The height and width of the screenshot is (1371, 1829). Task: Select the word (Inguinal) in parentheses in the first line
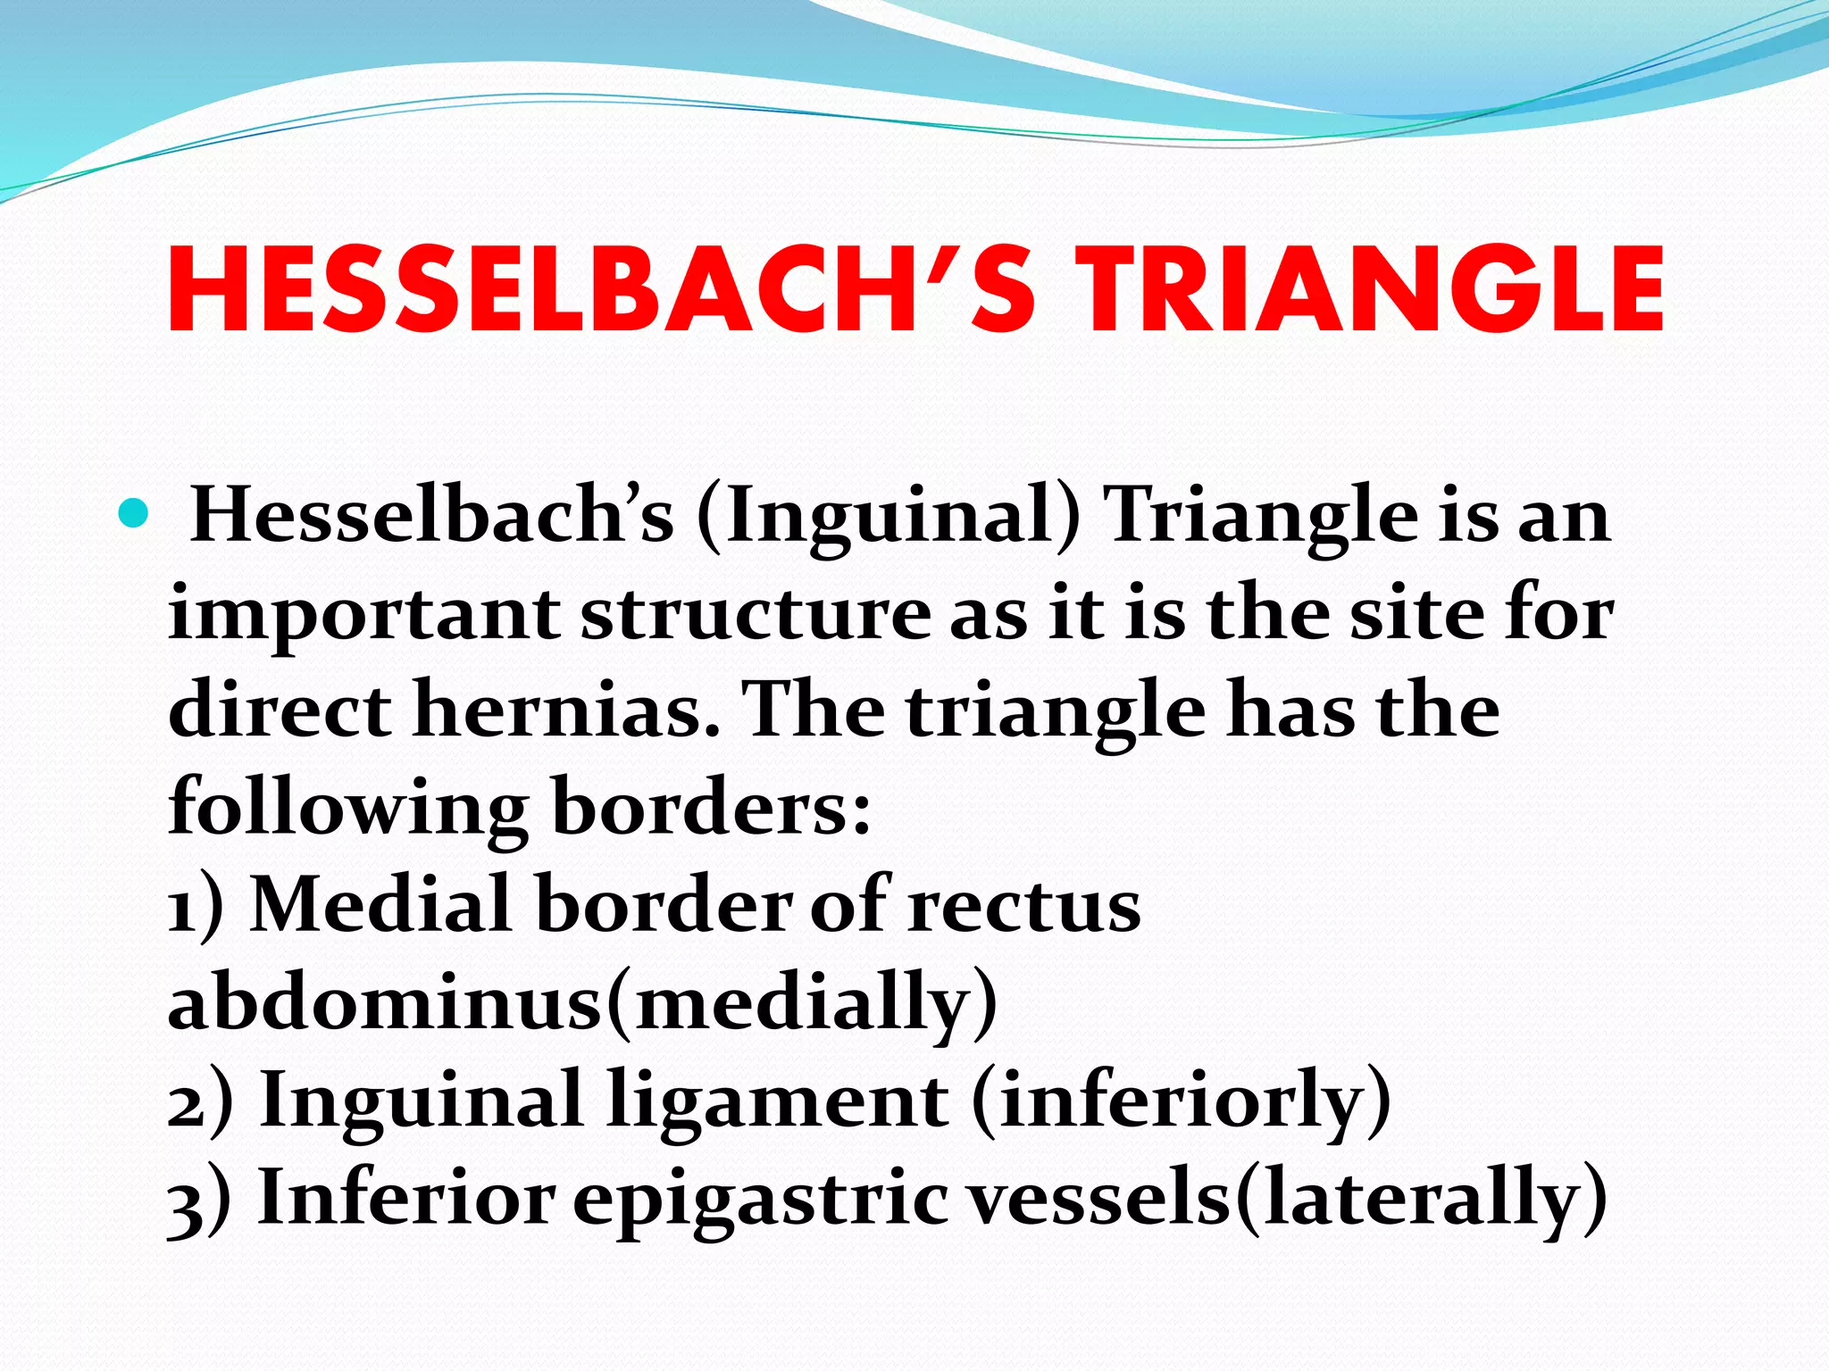[x=889, y=518]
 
